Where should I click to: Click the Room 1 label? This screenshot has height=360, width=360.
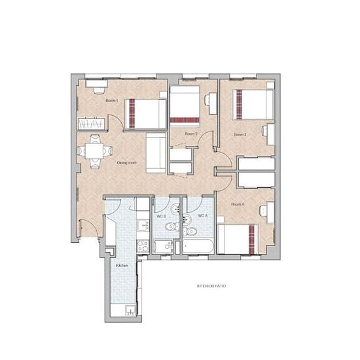(112, 101)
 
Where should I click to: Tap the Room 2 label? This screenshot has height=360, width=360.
(191, 134)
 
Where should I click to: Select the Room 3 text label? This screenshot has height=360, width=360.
(240, 135)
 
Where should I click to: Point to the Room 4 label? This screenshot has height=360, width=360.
(238, 204)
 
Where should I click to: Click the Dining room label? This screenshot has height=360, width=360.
(127, 163)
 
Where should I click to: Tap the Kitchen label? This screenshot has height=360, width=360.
(122, 265)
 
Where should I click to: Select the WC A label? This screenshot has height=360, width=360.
(203, 215)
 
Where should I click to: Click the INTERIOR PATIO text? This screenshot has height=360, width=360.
(211, 286)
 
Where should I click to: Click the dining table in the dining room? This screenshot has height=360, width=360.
(94, 151)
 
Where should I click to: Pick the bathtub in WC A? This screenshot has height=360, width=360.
(198, 246)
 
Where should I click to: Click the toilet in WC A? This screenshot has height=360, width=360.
(190, 232)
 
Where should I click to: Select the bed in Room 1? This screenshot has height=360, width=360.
(145, 114)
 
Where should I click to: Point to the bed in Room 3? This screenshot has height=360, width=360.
(253, 105)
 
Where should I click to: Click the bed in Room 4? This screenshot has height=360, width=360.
(238, 239)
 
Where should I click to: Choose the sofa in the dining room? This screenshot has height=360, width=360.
(156, 153)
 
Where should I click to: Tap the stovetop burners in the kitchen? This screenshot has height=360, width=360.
(143, 246)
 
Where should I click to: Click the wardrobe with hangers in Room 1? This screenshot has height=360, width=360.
(92, 124)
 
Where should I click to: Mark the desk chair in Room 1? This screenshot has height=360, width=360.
(99, 91)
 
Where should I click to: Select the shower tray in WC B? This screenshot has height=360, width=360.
(164, 247)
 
